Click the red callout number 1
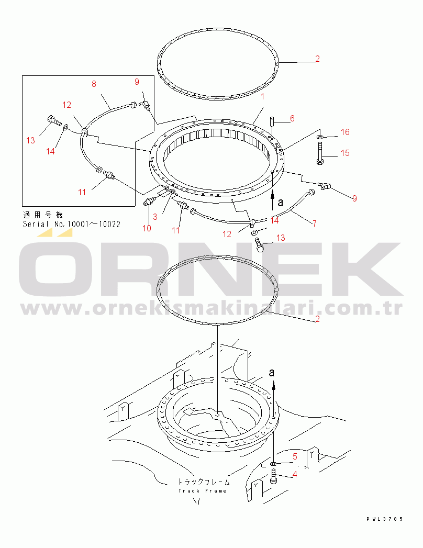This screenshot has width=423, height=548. point(262,96)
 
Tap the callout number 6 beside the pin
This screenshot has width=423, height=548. point(292,118)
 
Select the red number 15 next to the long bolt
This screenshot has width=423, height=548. point(345,153)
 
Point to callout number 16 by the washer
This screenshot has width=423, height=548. point(345,132)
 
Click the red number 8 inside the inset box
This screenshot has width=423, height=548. point(94,84)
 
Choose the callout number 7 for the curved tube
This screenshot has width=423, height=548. point(315,223)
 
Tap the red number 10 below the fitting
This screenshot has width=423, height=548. point(147,228)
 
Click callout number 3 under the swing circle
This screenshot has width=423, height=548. point(155,217)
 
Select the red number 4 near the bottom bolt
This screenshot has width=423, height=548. point(295,474)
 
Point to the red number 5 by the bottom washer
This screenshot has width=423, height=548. point(295,456)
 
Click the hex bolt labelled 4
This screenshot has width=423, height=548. point(273,477)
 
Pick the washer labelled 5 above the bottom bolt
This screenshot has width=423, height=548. point(273,464)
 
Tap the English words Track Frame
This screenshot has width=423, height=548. point(203,490)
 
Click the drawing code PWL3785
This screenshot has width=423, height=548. point(385,519)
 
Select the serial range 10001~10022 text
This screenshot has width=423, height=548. point(94,224)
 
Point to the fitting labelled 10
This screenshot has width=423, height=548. point(150,202)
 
